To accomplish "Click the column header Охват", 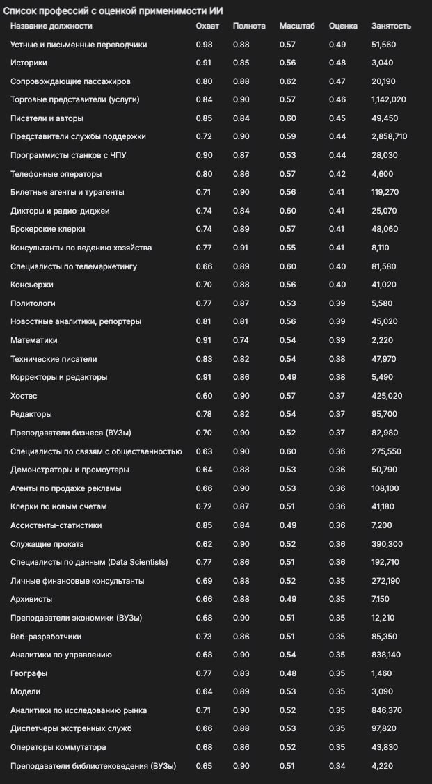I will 207,26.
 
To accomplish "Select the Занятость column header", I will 391,26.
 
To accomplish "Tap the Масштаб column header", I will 297,26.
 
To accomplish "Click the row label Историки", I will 29,63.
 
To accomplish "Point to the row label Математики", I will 34,340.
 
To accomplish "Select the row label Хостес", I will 24,396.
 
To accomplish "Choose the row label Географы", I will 29,673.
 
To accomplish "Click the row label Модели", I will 25,691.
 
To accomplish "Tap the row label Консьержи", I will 32,285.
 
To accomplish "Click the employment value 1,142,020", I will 389,99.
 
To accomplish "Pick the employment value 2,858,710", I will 390,136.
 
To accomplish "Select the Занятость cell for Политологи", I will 383,303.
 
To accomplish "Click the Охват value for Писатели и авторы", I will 205,118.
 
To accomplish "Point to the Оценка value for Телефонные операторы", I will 337,173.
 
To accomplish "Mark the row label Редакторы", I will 31,414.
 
